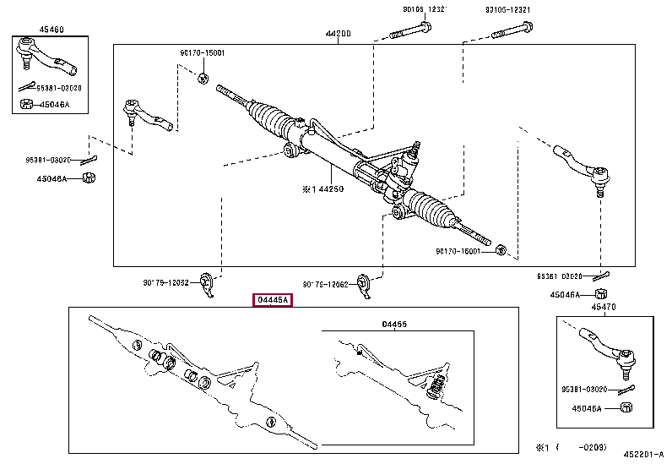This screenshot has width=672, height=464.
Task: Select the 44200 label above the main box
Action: tap(338, 35)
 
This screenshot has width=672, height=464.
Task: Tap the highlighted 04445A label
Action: tap(273, 300)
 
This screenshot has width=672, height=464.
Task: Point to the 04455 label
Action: tap(394, 324)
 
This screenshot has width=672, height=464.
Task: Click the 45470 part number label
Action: tap(603, 308)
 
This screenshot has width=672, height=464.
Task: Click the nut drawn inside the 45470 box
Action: tap(626, 407)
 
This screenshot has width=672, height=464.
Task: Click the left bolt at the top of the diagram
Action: tap(409, 35)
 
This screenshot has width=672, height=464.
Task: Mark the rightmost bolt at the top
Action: tap(512, 35)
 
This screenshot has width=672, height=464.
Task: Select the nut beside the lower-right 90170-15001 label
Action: tap(500, 250)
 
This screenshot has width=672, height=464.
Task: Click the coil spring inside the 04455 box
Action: tap(436, 390)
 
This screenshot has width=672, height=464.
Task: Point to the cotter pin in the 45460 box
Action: tap(30, 85)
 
